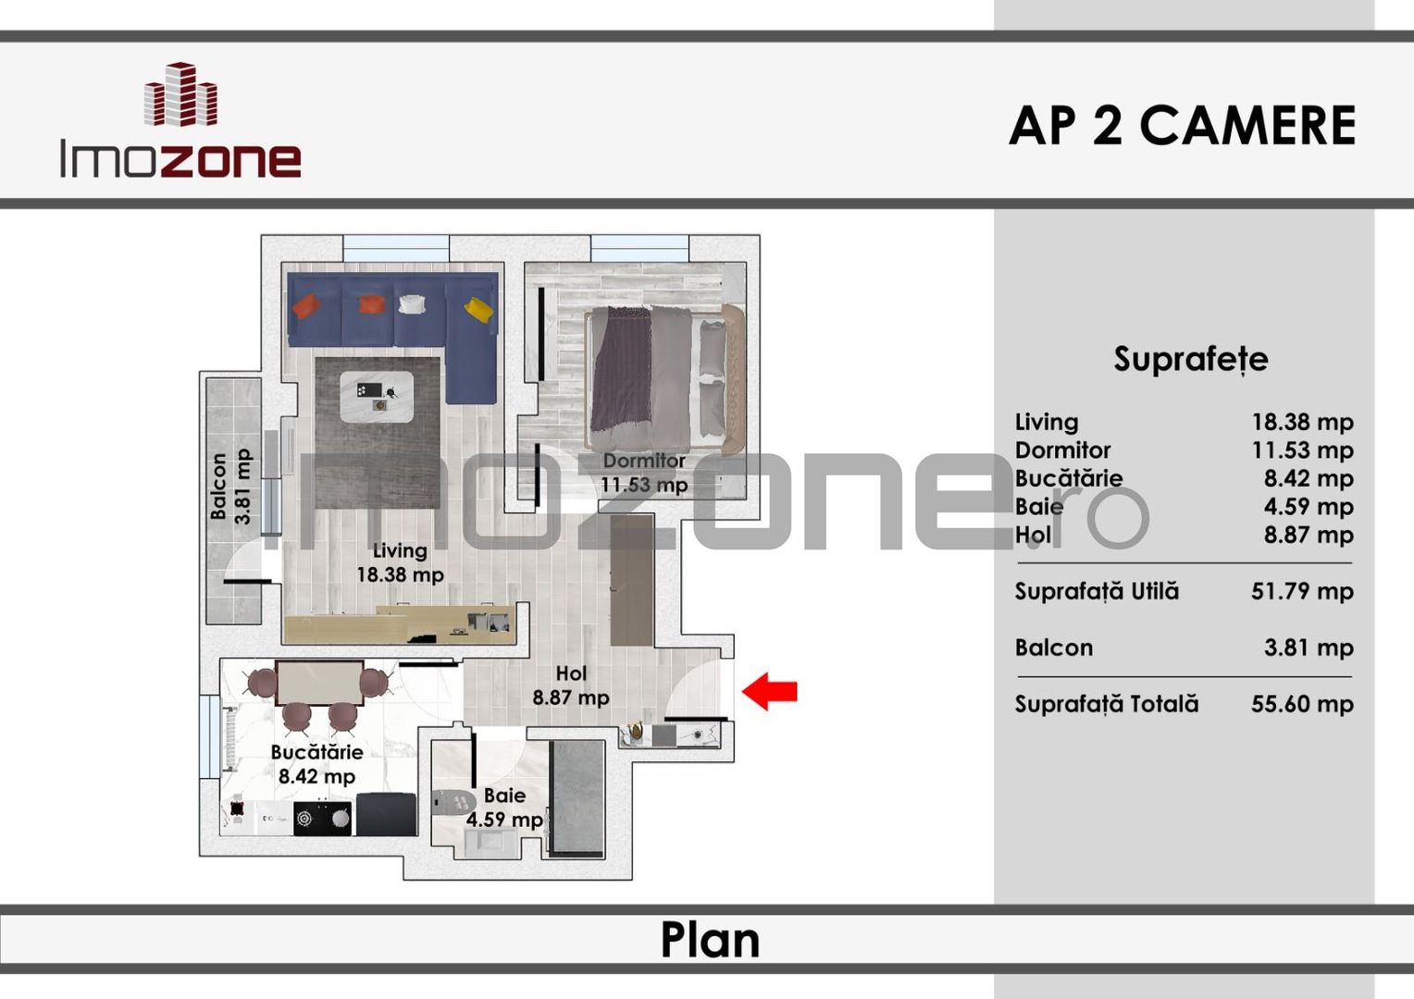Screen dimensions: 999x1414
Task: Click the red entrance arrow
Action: coord(770,691)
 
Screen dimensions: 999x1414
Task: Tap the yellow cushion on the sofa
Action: coord(478,308)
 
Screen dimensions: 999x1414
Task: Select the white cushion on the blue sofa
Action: coord(410,303)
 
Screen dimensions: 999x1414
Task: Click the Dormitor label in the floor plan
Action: coord(644,461)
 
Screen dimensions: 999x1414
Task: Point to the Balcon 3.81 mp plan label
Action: coord(229,487)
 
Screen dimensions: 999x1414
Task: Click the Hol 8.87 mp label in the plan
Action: coord(571,686)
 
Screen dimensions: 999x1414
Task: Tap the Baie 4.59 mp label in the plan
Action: coord(504,808)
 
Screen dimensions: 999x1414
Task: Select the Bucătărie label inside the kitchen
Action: coord(316,752)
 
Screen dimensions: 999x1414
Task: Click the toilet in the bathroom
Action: coord(453,801)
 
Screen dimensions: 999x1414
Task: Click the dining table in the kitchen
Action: coord(319,683)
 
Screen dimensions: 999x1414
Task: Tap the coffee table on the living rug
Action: coord(377,397)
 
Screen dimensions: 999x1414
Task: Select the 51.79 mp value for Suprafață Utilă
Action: coord(1301,591)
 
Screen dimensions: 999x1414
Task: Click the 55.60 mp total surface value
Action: coord(1301,704)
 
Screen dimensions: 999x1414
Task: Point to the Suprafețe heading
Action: coord(1190,359)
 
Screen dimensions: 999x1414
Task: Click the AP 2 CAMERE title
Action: coord(1182,126)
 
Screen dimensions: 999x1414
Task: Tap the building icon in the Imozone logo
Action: coord(181,94)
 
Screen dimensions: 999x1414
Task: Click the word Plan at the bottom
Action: coord(710,940)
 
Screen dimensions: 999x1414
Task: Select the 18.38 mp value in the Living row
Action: coord(1301,422)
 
